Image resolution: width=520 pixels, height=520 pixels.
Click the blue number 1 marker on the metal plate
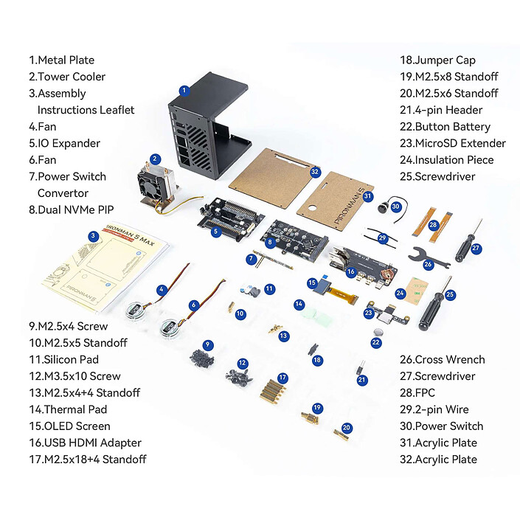(184, 91)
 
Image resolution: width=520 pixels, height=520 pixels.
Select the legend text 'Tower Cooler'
(72, 77)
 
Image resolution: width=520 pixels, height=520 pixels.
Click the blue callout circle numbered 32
(315, 172)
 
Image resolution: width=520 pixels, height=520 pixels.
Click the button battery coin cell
(378, 332)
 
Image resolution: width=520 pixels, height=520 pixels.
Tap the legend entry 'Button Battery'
(452, 127)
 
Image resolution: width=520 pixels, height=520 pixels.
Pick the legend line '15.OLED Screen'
(69, 426)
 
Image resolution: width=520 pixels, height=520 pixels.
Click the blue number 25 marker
(450, 294)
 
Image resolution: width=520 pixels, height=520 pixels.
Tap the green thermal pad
(317, 317)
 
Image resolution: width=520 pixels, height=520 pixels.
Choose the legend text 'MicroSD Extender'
(460, 143)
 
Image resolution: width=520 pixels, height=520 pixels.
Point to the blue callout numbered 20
(347, 428)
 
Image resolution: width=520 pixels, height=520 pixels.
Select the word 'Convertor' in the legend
(63, 193)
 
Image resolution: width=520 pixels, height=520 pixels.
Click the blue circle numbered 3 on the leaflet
(94, 236)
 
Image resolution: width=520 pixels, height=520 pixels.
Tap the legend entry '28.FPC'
(417, 392)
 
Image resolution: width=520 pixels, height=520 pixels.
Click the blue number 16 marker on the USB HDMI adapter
(351, 272)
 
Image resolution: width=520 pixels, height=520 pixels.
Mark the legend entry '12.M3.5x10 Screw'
(74, 376)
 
